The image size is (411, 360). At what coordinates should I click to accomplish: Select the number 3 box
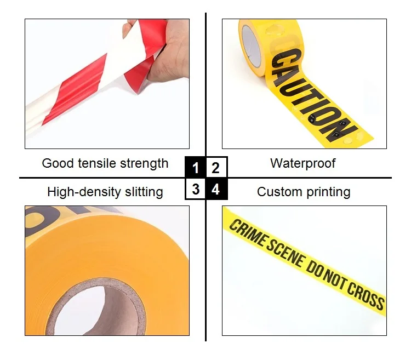coord(196,189)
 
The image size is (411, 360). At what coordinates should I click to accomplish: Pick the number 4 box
coord(216,189)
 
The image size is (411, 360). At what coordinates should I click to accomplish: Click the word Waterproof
coord(302,163)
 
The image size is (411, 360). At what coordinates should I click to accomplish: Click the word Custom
coord(278,192)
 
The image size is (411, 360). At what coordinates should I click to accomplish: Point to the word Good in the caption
coord(55,163)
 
